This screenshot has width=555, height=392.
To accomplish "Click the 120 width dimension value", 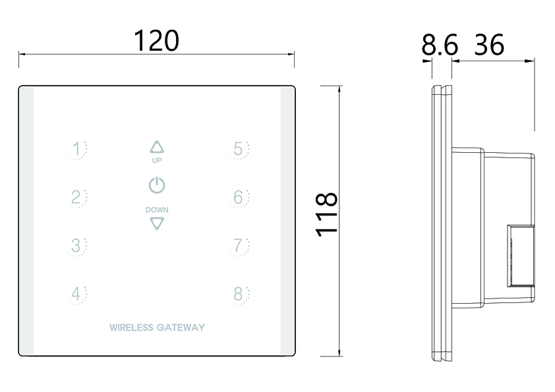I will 156,41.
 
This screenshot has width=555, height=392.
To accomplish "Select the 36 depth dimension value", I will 488,45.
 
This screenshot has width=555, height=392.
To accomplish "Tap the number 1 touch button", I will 78,150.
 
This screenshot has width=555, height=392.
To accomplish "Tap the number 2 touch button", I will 78,197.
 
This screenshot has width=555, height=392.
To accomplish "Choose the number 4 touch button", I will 78,294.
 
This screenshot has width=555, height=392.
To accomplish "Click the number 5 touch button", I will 239,150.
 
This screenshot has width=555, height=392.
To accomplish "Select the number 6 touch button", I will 239,197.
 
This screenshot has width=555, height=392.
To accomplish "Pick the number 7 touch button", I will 239,246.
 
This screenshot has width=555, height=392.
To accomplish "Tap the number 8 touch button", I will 239,294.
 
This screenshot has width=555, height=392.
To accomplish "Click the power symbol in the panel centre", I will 156,185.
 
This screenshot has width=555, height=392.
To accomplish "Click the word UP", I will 156,160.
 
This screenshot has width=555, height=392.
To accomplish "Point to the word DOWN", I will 156,210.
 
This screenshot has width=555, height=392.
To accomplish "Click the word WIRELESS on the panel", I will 131,327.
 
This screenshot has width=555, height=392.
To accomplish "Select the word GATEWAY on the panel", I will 180,327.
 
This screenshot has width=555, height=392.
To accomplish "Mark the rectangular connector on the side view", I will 520,256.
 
